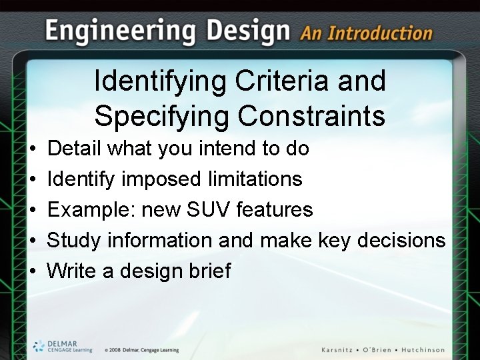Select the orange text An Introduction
tap(366, 33)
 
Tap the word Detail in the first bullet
tap(75, 148)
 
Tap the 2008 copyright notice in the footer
tap(141, 350)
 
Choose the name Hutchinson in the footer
tap(419, 350)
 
